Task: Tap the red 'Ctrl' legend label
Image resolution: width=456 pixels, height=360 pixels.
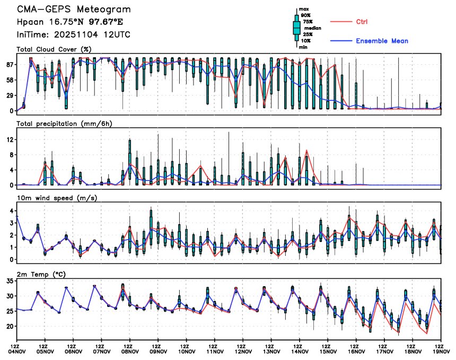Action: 362,22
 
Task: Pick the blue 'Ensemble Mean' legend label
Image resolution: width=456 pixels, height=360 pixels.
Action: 382,41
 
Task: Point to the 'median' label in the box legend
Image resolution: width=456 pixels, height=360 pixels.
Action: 312,28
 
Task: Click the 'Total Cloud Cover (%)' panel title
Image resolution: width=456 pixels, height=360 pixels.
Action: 54,49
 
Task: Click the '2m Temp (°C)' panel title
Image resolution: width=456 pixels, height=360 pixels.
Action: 40,275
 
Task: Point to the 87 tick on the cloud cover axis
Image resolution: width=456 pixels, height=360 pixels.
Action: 10,64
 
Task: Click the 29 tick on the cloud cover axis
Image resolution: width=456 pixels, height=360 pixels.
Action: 10,95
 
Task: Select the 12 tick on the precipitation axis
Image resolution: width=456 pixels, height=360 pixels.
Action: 10,140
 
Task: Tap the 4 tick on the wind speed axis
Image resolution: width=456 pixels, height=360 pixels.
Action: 12,211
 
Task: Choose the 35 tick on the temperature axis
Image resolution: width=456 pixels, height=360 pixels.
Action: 10,281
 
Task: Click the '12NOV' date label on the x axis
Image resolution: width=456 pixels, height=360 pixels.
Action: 243,351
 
